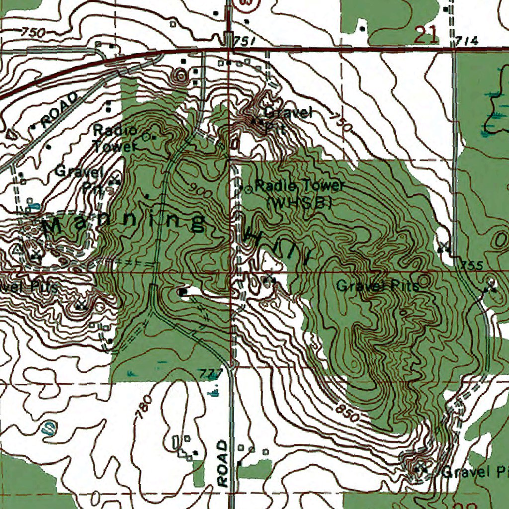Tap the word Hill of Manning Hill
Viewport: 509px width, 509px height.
point(279,246)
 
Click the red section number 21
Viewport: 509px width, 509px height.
point(427,35)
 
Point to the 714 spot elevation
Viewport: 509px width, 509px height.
point(468,41)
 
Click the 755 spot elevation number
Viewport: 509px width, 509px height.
point(472,265)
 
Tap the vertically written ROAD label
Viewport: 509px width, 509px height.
point(223,462)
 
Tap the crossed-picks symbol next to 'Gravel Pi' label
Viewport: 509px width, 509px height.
point(423,468)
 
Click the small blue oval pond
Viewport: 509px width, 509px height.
point(48,427)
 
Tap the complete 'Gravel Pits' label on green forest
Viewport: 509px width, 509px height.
point(377,286)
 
